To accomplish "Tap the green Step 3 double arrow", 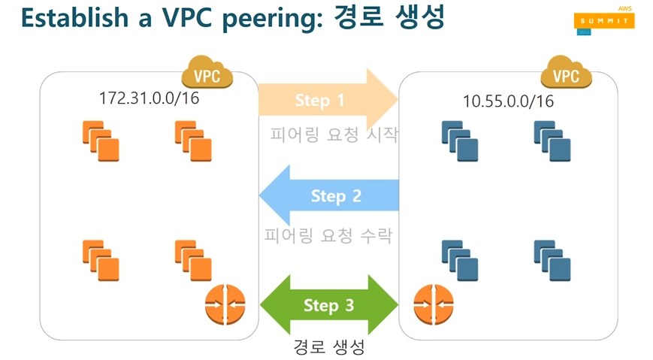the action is (329, 306).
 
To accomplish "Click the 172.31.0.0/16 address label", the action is (149, 98).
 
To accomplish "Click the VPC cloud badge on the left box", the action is (207, 74).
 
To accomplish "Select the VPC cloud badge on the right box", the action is (566, 74).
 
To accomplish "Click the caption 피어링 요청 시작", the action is (334, 135).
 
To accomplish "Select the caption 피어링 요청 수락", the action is (328, 235).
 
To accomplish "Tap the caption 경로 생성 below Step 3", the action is (328, 347).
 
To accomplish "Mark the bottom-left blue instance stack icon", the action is (460, 259).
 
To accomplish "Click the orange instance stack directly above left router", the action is (193, 259).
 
